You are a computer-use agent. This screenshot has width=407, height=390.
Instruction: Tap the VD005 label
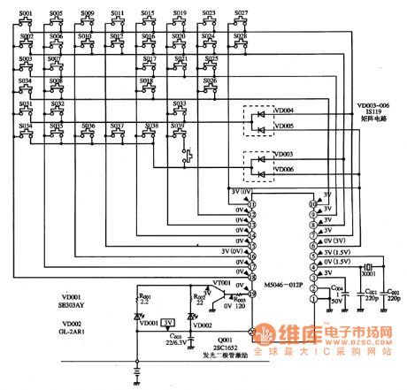(284, 126)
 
